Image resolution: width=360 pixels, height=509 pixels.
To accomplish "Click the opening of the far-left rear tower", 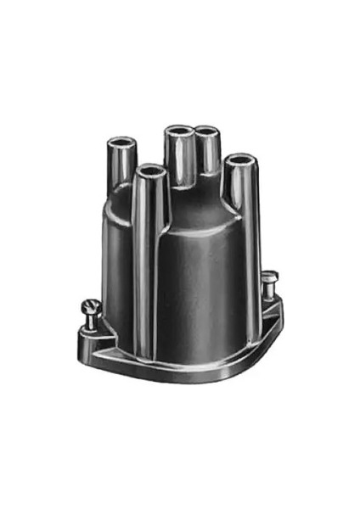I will (x=121, y=141).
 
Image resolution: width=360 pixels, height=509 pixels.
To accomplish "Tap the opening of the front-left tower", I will (x=150, y=172).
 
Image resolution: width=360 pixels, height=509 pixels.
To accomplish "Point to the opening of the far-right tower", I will (x=240, y=159).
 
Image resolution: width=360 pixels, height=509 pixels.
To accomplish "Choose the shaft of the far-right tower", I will (x=241, y=191).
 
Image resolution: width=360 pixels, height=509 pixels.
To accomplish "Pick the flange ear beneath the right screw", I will (x=270, y=310).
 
